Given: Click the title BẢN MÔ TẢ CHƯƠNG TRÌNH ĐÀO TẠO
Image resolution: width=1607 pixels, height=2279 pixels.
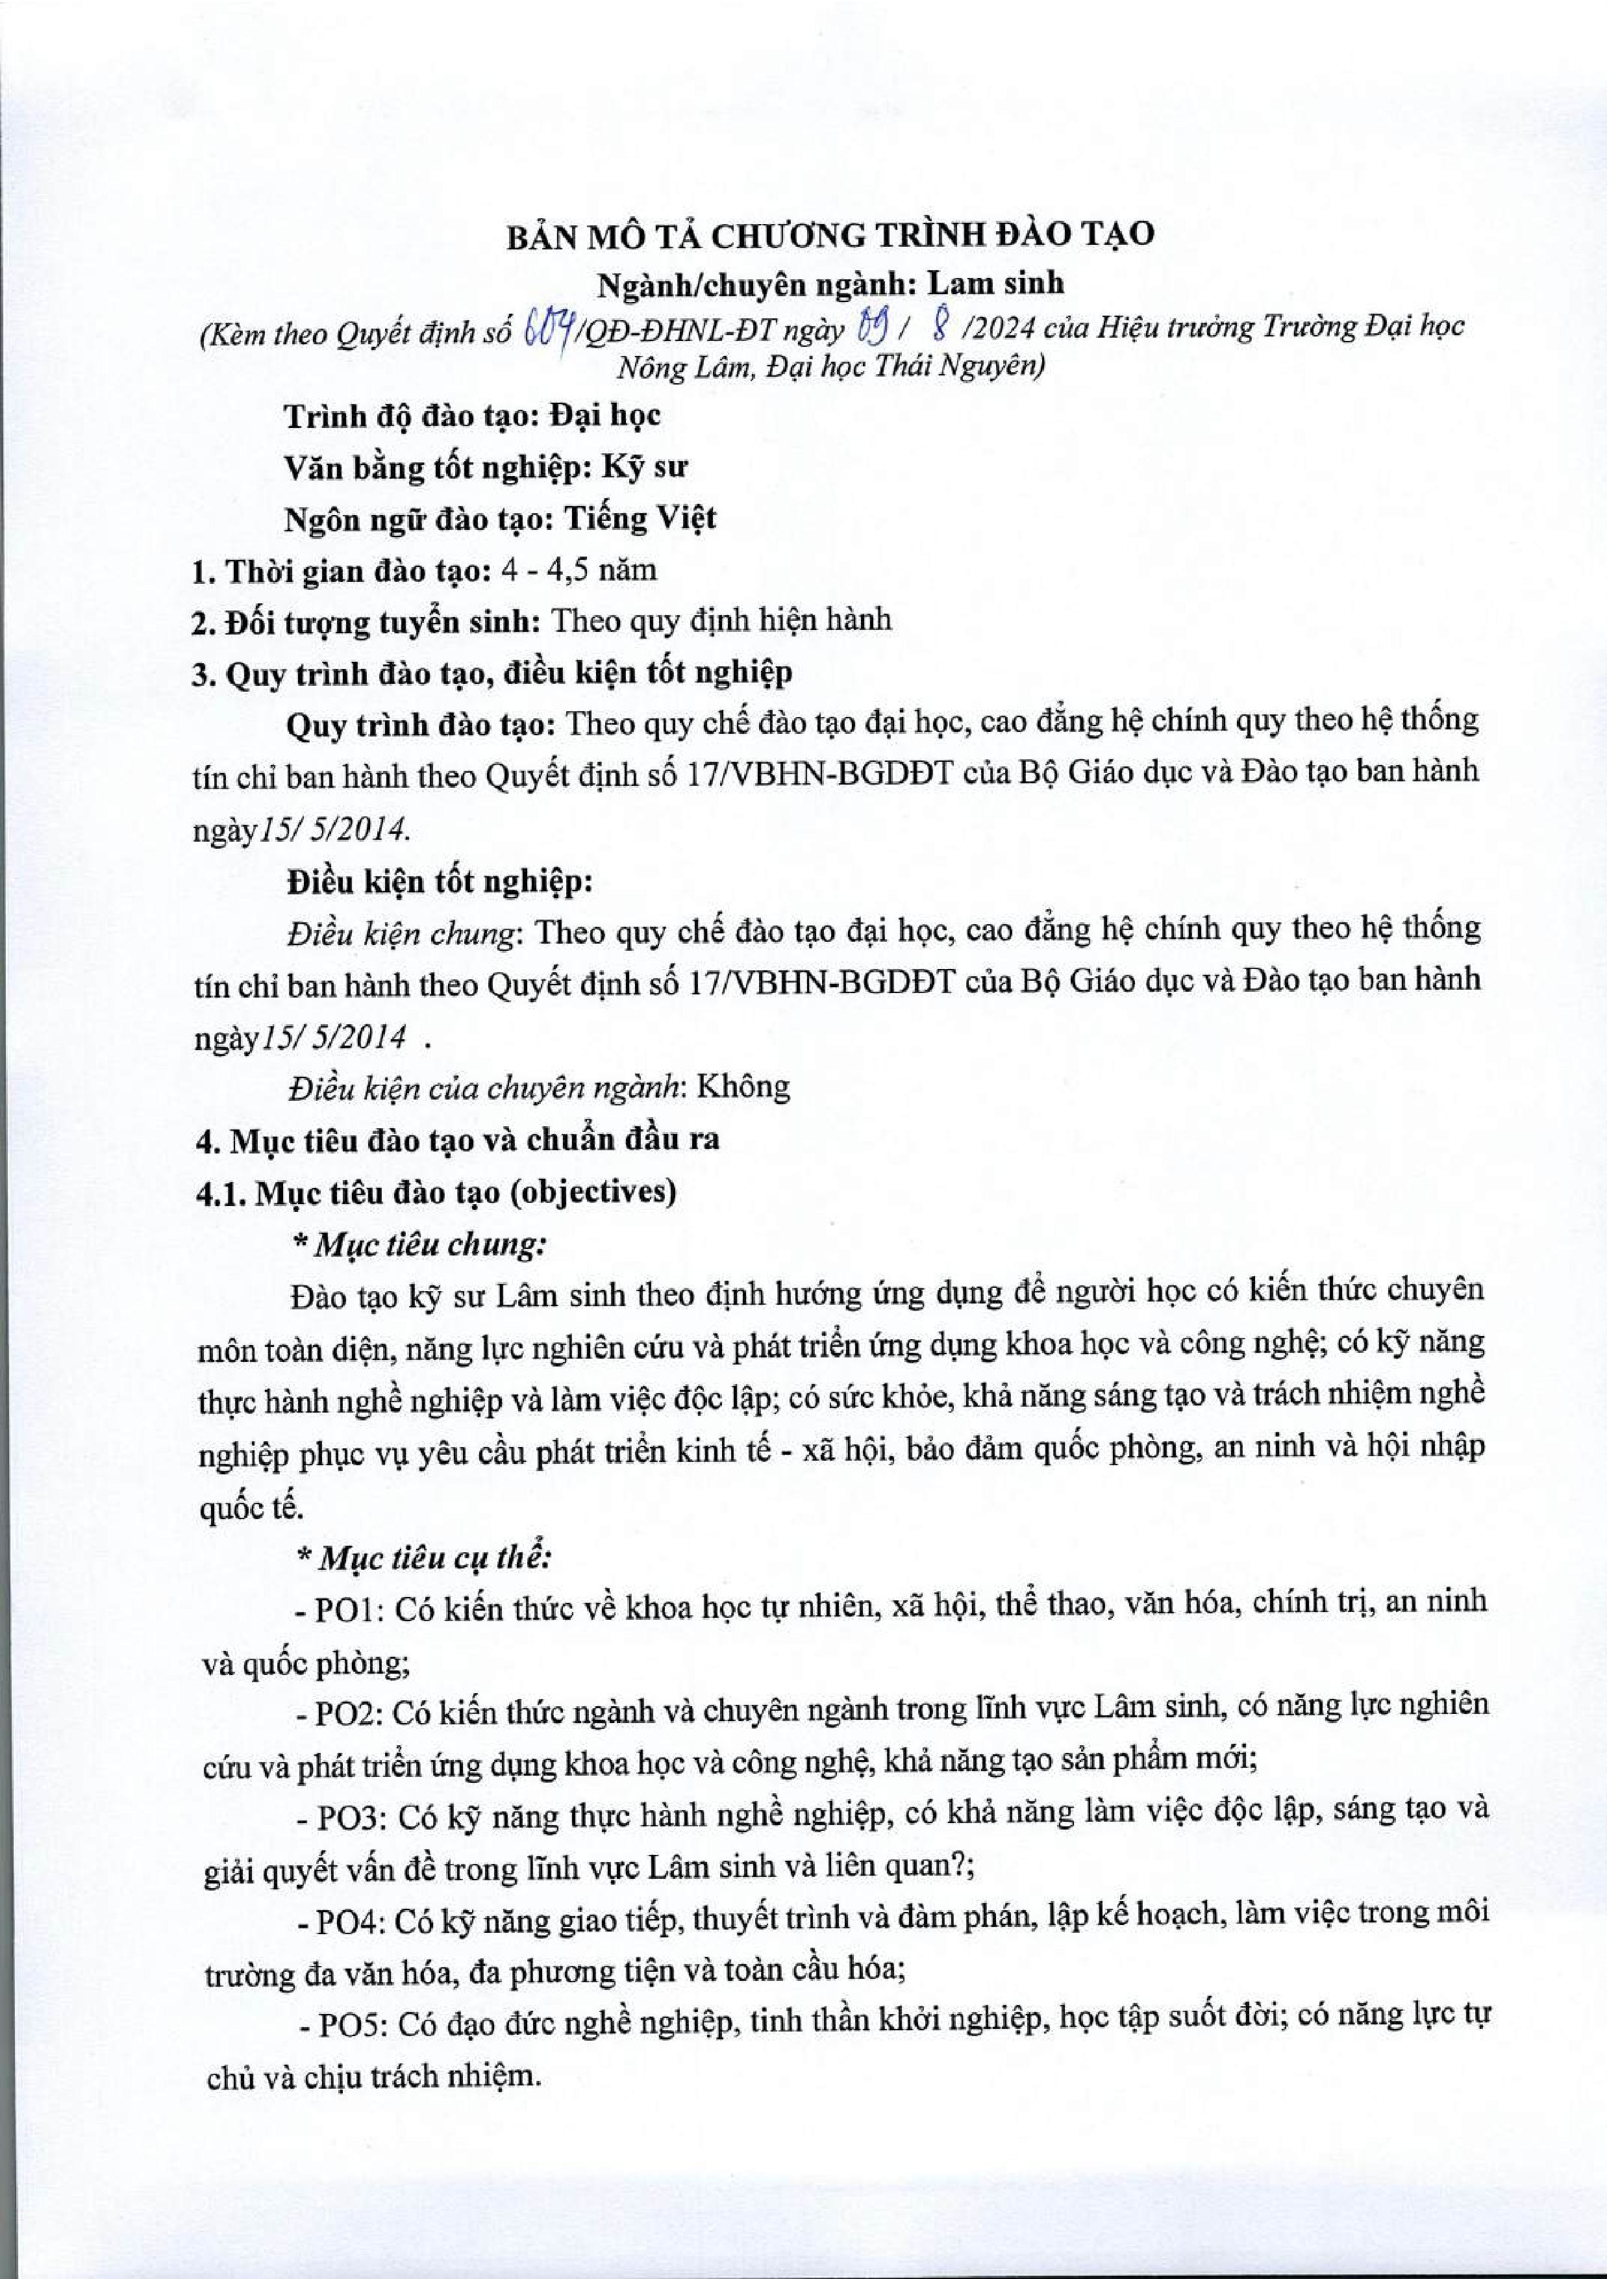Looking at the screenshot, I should pyautogui.click(x=803, y=235).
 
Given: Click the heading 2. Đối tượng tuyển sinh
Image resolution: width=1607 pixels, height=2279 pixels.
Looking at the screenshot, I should pyautogui.click(x=366, y=622).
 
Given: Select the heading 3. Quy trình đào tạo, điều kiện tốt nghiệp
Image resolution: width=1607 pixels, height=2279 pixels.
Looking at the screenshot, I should pyautogui.click(x=492, y=673).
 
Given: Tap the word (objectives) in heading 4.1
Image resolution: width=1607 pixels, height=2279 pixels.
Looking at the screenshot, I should pyautogui.click(x=593, y=1191).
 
